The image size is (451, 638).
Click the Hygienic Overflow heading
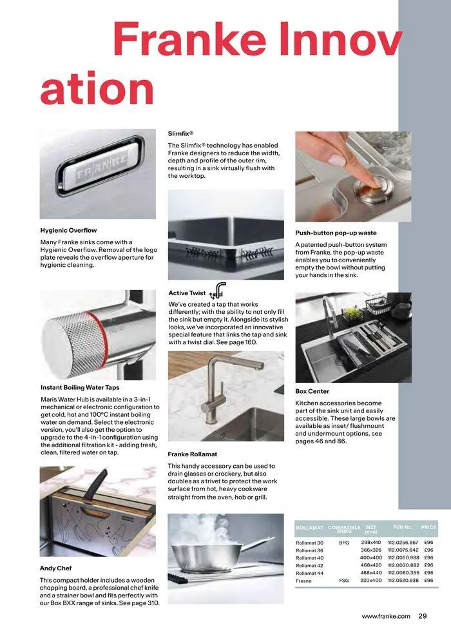[68, 230]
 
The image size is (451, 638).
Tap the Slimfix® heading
[181, 133]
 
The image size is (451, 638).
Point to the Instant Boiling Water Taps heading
[80, 387]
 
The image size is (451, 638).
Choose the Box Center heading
[312, 391]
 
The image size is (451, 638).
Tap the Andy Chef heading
[56, 568]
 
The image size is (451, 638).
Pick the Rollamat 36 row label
[309, 550]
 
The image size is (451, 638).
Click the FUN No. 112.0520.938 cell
[403, 580]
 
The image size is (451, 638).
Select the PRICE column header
[428, 527]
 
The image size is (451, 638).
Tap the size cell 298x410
[370, 543]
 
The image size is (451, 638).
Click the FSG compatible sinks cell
[343, 580]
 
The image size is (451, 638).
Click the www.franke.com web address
[385, 616]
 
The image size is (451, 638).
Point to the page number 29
[423, 616]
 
